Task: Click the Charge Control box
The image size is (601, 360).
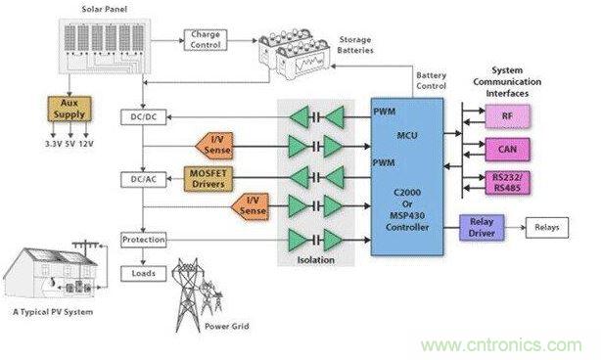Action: click(206, 40)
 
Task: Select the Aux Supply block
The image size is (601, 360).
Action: click(69, 109)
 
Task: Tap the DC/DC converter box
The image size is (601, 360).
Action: click(144, 117)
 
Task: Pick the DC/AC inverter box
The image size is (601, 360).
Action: click(144, 179)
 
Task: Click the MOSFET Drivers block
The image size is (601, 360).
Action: click(208, 179)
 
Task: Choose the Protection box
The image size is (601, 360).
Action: click(144, 240)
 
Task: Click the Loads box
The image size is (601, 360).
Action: click(144, 274)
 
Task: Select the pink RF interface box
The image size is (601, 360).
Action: click(507, 116)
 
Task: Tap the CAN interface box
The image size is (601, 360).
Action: click(507, 150)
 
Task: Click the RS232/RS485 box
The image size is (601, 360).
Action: click(507, 183)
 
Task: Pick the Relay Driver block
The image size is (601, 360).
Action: click(482, 228)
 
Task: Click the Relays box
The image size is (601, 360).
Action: click(547, 228)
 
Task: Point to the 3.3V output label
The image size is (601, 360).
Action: click(53, 144)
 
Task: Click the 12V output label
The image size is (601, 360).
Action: click(86, 144)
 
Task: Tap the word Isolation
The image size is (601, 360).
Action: click(316, 260)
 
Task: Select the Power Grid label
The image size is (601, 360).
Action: click(227, 327)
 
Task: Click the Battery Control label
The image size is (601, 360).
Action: click(432, 80)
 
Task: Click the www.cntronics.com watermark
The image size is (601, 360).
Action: click(501, 345)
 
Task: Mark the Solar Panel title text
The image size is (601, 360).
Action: click(105, 9)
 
